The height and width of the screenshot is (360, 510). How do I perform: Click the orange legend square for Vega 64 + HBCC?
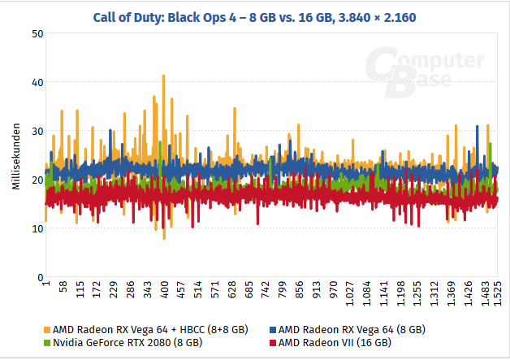point(46,330)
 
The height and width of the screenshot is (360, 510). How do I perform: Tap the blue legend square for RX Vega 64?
point(272,330)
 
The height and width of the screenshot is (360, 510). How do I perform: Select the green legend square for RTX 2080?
point(46,344)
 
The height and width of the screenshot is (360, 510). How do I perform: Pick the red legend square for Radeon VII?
point(272,344)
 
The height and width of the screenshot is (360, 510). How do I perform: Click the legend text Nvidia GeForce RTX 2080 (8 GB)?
point(127,344)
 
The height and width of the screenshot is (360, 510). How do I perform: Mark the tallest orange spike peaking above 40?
point(163,77)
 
